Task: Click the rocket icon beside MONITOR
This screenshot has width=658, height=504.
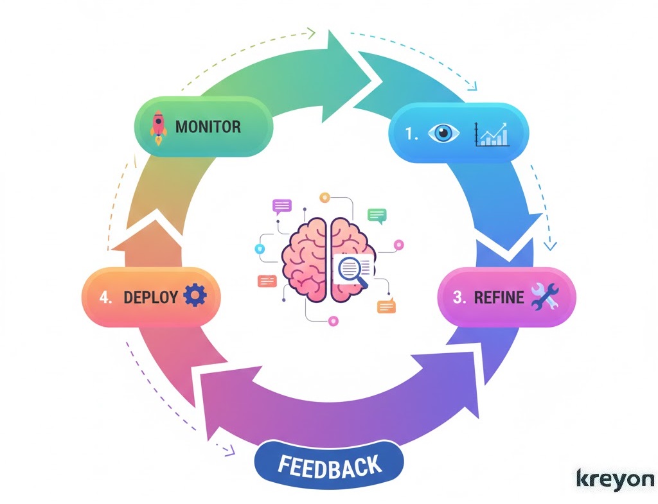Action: click(x=158, y=125)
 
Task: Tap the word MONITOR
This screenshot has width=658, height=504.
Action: click(x=208, y=126)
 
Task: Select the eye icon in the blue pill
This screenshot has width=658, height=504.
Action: click(x=447, y=134)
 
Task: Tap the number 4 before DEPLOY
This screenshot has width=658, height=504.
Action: click(x=106, y=297)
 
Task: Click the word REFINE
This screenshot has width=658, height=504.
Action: click(x=499, y=297)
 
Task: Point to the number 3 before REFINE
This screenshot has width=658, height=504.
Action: click(x=458, y=297)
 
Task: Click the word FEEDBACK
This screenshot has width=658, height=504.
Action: click(x=330, y=465)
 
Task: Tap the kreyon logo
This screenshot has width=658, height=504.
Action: click(x=615, y=479)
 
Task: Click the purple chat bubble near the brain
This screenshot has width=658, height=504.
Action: click(x=282, y=205)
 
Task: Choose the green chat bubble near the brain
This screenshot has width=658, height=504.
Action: click(x=377, y=215)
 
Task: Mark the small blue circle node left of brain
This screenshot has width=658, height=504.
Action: click(x=260, y=248)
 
